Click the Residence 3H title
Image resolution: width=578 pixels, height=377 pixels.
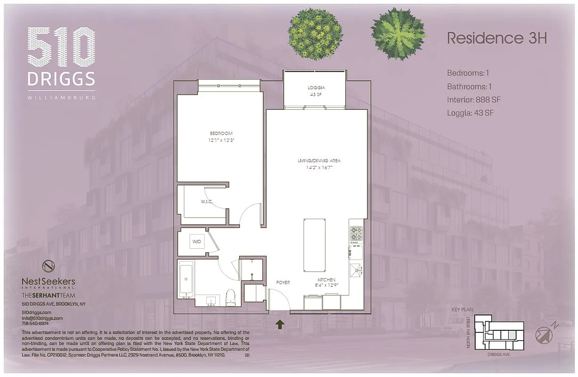click(x=497, y=38)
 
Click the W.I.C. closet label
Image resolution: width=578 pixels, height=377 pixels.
click(x=207, y=202)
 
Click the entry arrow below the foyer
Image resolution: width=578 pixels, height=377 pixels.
click(x=279, y=324)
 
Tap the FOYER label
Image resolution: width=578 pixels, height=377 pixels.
click(x=283, y=283)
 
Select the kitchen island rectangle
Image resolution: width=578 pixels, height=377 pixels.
click(x=314, y=245)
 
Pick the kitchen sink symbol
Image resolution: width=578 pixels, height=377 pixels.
click(x=356, y=270)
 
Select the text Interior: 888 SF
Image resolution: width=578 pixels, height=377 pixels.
click(x=473, y=100)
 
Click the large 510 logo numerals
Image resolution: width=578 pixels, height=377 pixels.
click(x=61, y=48)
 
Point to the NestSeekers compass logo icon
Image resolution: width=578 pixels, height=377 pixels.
click(x=48, y=266)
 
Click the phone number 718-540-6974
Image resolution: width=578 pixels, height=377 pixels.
click(x=35, y=323)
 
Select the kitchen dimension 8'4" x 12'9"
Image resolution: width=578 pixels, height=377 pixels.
click(x=326, y=286)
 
